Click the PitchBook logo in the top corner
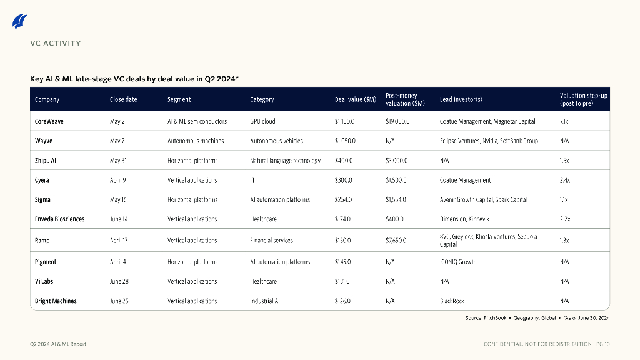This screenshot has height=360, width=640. [20, 21]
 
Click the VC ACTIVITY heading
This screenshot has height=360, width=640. [56, 43]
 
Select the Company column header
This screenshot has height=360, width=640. [47, 99]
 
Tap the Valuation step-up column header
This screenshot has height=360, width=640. [583, 99]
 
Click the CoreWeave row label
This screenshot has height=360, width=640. [49, 121]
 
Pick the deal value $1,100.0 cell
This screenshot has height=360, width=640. [345, 121]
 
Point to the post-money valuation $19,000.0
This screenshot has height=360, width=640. [397, 121]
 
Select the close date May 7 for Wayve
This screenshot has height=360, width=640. [117, 141]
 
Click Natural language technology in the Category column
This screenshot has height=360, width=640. [285, 161]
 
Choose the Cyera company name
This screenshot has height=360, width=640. [42, 180]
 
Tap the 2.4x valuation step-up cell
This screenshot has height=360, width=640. [565, 180]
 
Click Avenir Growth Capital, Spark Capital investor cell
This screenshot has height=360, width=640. [483, 200]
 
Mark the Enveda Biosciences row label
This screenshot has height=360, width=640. [60, 219]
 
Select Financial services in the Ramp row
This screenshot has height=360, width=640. [271, 241]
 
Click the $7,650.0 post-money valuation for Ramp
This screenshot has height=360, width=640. [396, 241]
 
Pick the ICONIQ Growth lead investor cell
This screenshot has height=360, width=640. [458, 262]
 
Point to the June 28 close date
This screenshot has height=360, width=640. [119, 281]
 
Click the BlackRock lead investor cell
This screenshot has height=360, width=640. [452, 301]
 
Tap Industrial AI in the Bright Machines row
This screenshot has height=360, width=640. [265, 301]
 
